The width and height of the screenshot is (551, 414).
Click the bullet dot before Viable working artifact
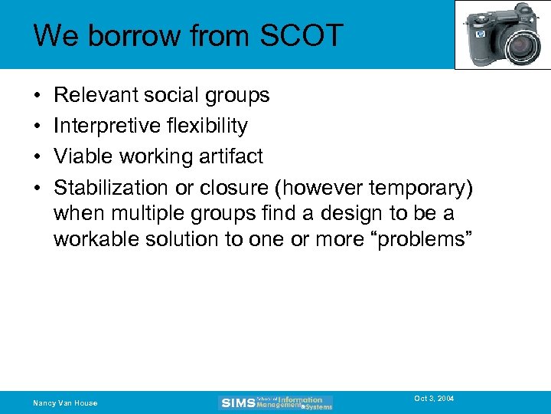click(37, 156)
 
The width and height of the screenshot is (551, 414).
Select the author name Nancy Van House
click(65, 403)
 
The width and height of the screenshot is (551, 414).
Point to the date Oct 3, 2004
click(434, 399)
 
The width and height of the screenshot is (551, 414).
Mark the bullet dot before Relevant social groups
click(37, 95)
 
